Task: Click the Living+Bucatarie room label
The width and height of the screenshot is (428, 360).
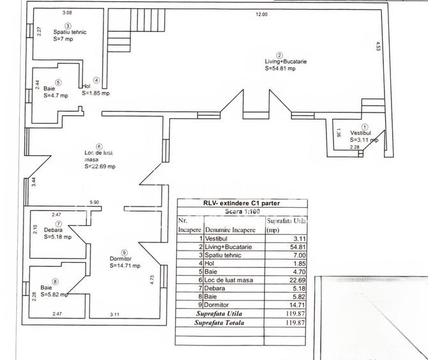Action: tap(286, 61)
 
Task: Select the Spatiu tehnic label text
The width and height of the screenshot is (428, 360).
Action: tap(70, 32)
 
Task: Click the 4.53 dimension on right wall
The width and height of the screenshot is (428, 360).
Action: tap(379, 46)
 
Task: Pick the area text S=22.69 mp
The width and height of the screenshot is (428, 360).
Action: tap(100, 167)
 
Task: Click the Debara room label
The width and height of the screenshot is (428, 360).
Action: tap(53, 230)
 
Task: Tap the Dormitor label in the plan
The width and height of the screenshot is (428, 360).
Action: tap(122, 259)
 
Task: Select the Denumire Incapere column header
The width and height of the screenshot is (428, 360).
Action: tap(229, 228)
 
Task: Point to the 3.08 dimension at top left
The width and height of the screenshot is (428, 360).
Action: tap(67, 12)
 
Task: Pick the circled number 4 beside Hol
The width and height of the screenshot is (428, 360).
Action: tap(96, 80)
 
